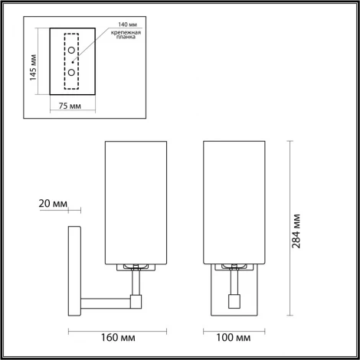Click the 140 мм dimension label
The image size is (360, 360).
[118, 25]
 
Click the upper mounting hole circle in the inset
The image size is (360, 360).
[71, 51]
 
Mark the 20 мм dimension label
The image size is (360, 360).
[52, 205]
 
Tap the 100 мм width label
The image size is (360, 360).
[234, 336]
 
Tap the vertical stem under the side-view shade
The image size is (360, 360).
[136, 287]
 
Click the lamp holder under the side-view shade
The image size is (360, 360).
[136, 267]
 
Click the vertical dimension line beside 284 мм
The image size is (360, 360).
[290, 230]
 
